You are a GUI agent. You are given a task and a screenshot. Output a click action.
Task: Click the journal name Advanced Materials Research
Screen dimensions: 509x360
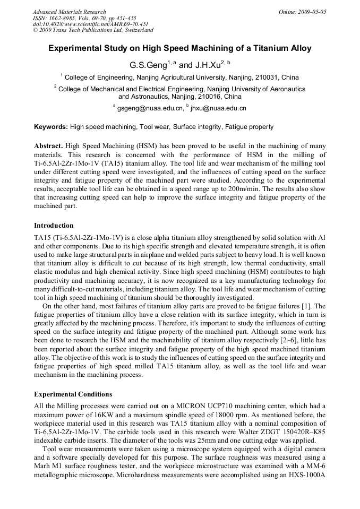point(69,12)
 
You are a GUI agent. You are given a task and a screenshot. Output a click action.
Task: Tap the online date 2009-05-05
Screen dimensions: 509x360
point(311,12)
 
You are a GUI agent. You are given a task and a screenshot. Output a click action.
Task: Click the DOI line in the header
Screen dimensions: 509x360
point(90,24)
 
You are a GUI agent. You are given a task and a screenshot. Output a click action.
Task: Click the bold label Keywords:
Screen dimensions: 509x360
point(51,127)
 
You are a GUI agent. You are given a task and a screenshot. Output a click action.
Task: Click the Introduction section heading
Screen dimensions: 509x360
point(54,226)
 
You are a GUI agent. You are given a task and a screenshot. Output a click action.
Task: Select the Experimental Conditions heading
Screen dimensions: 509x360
point(73,394)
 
